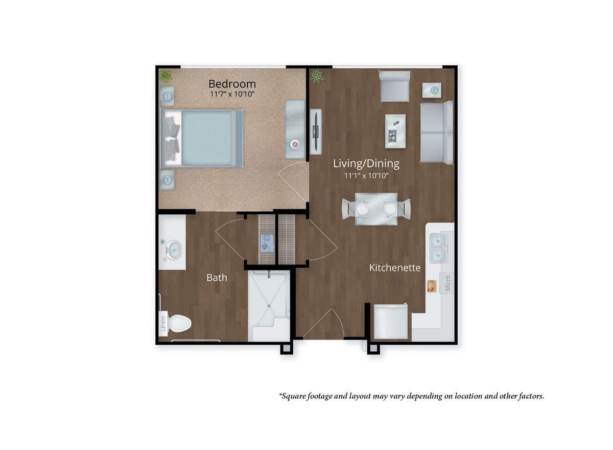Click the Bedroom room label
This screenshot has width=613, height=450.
232,83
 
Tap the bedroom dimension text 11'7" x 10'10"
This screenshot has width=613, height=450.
232,95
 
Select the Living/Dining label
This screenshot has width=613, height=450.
366,164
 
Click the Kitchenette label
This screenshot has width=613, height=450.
395,267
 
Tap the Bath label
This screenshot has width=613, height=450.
217,278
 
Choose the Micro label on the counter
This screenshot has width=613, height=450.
447,283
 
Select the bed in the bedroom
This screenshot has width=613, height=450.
201,138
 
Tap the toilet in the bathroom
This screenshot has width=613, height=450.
179,323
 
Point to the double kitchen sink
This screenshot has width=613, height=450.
441,247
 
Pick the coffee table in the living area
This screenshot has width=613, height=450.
395,131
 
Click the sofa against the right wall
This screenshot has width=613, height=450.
437,132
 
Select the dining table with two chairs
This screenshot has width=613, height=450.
376,208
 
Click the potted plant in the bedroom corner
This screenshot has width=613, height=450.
165,76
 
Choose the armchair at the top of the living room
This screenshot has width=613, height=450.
394,86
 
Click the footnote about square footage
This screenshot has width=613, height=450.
411,396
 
